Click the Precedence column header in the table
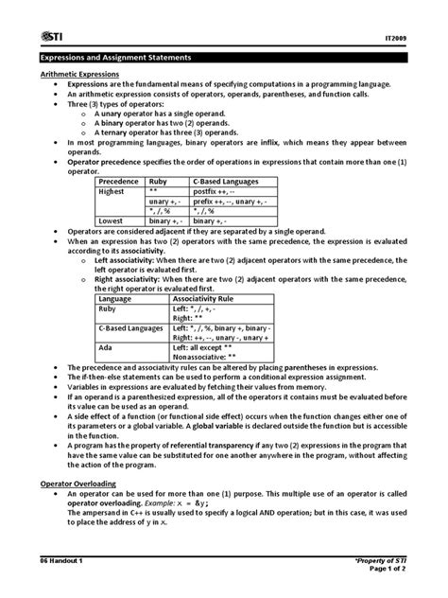[120, 180]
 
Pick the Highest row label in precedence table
[113, 190]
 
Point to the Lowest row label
[112, 220]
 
